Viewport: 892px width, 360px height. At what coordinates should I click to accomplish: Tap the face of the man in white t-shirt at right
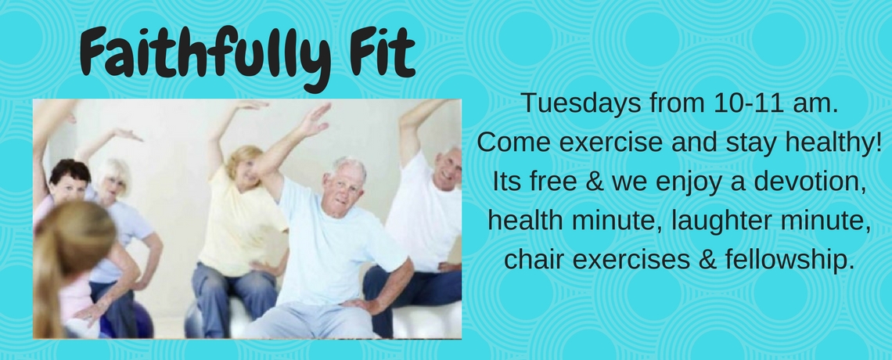coord(448,168)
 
